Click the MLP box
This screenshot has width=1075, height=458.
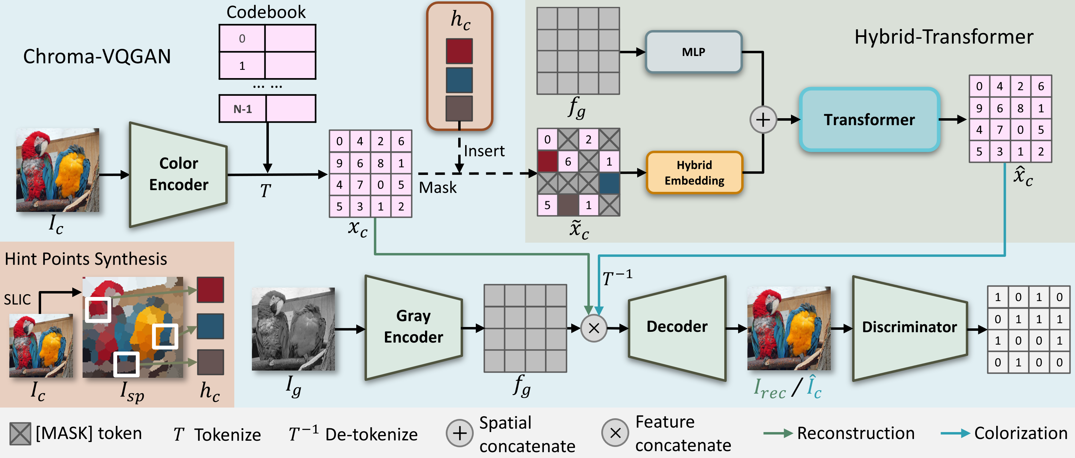click(693, 52)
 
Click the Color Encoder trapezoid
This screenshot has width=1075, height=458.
click(179, 174)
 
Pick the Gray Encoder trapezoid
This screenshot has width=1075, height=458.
click(413, 327)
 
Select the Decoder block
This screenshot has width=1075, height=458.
click(677, 327)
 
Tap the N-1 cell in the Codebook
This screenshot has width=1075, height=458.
click(243, 109)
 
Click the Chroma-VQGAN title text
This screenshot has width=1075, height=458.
click(97, 56)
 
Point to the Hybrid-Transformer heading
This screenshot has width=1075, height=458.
click(944, 37)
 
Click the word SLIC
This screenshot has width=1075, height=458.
click(17, 299)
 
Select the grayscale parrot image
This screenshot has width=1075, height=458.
click(293, 329)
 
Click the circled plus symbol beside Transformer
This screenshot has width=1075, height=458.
click(763, 120)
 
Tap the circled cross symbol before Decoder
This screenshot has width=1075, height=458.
click(594, 328)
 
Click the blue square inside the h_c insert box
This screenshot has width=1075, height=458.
click(459, 80)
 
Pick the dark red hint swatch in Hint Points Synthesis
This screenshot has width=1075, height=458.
click(210, 289)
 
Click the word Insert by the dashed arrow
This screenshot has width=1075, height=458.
click(484, 151)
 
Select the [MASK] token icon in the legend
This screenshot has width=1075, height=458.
click(20, 434)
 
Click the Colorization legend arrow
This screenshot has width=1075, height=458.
click(955, 433)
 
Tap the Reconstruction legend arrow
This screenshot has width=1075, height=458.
click(777, 433)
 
